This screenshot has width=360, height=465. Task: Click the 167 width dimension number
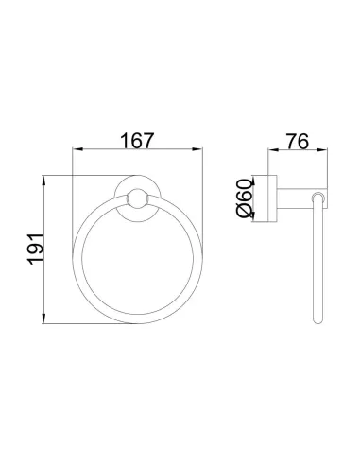(138, 140)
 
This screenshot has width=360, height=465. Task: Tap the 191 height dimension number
(35, 249)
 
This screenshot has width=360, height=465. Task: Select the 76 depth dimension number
(297, 141)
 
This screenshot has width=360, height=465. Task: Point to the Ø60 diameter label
(245, 198)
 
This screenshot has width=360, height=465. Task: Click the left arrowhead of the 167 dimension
(77, 149)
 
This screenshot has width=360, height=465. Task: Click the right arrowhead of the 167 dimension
(198, 149)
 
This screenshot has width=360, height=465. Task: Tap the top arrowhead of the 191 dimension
(43, 181)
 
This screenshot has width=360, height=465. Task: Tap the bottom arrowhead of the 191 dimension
(43, 319)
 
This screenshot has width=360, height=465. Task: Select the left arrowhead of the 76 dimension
(273, 150)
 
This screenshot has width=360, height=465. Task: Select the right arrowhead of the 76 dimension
(323, 150)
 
